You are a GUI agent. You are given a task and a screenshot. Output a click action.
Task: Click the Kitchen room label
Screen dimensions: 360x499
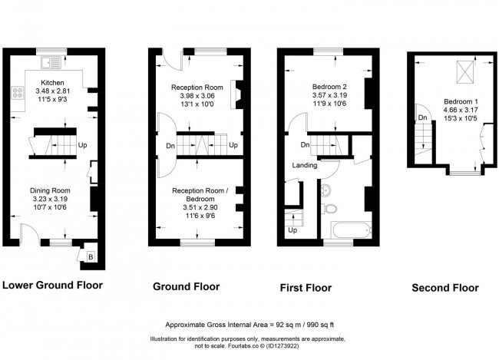click(x=52, y=83)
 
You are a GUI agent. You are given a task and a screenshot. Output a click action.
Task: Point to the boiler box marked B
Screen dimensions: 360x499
click(x=91, y=256)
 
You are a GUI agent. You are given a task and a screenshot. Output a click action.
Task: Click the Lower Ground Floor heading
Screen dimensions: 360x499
click(x=52, y=286)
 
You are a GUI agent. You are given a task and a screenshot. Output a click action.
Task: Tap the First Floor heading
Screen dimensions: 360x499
click(x=306, y=289)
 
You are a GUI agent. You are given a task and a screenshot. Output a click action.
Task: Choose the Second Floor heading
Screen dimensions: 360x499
click(x=445, y=288)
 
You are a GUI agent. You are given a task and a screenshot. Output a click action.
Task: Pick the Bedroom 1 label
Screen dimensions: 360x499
click(x=458, y=102)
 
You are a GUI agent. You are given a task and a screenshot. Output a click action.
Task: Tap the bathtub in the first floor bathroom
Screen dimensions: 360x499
click(x=342, y=229)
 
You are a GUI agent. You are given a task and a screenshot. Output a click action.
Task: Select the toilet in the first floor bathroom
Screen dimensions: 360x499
click(x=331, y=207)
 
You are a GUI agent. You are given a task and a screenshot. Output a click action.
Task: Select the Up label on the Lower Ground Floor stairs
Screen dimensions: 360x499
click(x=82, y=144)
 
